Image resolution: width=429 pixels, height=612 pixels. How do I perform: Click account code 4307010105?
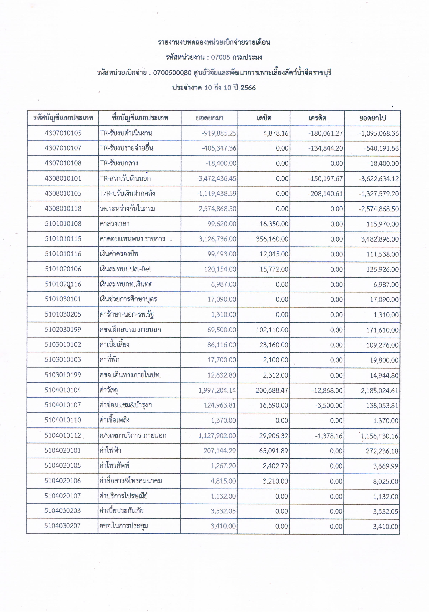[x=63, y=133]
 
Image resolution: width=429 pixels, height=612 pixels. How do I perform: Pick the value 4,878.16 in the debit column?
[x=276, y=133]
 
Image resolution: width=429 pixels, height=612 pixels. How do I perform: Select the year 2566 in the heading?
[x=248, y=88]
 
